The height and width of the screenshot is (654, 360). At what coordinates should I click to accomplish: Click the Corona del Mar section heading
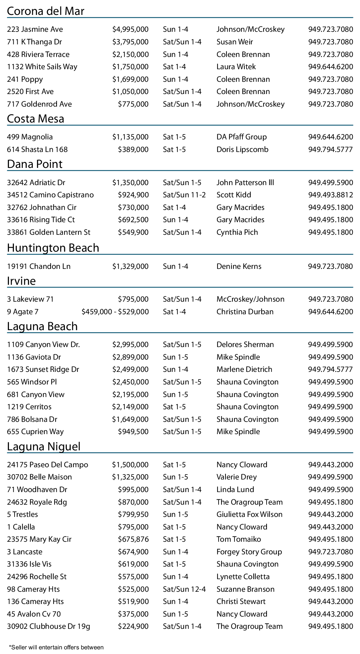(x=45, y=11)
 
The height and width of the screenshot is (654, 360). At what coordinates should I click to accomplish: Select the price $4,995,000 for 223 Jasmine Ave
(x=130, y=29)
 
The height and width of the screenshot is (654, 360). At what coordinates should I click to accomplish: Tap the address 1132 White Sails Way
(x=42, y=67)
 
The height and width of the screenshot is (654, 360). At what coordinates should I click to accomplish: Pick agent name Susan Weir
(x=234, y=42)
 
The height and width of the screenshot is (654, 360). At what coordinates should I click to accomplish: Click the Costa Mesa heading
(x=35, y=119)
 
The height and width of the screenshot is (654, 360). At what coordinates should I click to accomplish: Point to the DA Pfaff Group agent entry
(x=241, y=137)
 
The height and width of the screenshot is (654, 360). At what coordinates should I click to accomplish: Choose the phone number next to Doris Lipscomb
(x=330, y=150)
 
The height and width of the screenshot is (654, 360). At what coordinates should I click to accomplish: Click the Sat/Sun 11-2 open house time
(x=184, y=195)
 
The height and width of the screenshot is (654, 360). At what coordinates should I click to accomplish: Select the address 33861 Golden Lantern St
(x=49, y=232)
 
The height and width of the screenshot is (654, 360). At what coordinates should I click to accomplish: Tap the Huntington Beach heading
(x=53, y=248)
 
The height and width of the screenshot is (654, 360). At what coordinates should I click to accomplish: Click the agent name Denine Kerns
(x=239, y=267)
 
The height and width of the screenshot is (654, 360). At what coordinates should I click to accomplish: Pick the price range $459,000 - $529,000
(x=115, y=312)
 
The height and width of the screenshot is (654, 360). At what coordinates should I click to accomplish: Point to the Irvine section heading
(x=21, y=281)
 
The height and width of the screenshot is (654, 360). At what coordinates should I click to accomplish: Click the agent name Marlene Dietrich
(x=244, y=370)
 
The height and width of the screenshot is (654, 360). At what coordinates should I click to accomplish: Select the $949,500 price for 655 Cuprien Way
(x=133, y=432)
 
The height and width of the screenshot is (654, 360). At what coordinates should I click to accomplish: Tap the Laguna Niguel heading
(x=44, y=446)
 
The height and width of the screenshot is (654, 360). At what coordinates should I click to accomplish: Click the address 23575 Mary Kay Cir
(x=39, y=539)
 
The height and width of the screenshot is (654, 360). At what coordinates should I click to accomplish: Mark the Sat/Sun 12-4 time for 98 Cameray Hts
(x=184, y=589)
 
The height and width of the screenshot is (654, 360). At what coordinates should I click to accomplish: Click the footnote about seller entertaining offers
(x=56, y=647)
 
